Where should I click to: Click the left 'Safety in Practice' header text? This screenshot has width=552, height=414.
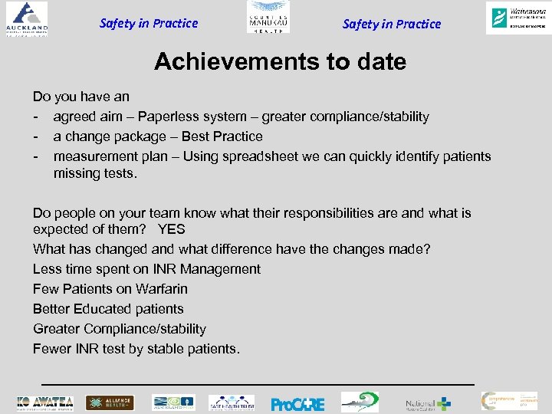[x=149, y=23]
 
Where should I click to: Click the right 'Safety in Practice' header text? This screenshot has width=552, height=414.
[x=392, y=24]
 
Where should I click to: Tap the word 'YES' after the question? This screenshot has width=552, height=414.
[x=172, y=229]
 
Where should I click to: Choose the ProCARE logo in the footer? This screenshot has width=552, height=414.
[x=297, y=403]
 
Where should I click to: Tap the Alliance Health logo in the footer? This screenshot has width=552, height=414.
[x=110, y=402]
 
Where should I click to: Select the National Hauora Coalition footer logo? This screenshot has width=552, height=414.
[x=429, y=403]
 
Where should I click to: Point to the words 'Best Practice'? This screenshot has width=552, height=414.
[x=222, y=136]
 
